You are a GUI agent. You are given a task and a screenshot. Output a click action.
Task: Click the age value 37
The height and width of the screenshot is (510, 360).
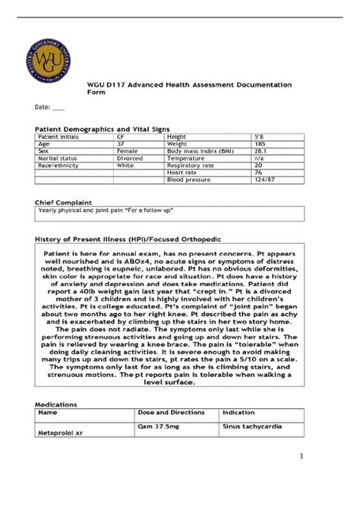(x=121, y=144)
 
